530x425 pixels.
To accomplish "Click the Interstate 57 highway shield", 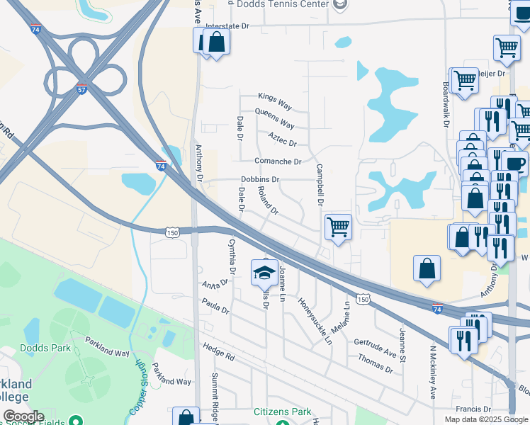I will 83,90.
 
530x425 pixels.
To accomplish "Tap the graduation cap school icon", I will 264,271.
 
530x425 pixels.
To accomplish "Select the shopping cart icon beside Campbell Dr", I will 339,227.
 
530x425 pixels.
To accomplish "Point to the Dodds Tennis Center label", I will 279,4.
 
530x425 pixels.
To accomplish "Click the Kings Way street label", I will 275,101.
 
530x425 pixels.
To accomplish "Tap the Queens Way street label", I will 274,118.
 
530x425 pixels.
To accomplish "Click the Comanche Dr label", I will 278,161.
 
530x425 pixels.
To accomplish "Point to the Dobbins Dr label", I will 260,180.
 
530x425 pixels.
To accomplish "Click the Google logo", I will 23,416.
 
